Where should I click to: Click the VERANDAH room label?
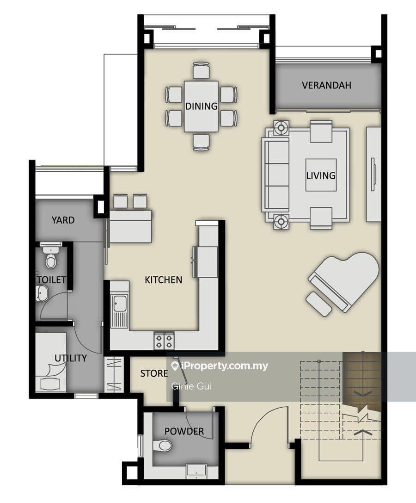click(326, 85)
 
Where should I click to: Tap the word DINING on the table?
click(201, 106)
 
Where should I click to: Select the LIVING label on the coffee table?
click(321, 175)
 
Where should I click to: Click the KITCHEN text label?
click(164, 280)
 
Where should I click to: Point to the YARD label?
click(63, 220)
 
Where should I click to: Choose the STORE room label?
click(154, 373)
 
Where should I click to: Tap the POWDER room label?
click(184, 431)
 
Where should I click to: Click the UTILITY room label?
click(71, 358)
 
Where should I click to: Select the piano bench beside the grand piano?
click(318, 304)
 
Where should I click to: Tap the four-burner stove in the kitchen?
click(164, 342)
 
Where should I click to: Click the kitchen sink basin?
click(120, 304)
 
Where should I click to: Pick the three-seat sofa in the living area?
click(275, 175)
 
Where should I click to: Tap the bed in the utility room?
click(51, 362)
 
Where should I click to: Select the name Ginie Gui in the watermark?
click(192, 386)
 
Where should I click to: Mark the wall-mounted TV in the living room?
click(373, 174)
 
